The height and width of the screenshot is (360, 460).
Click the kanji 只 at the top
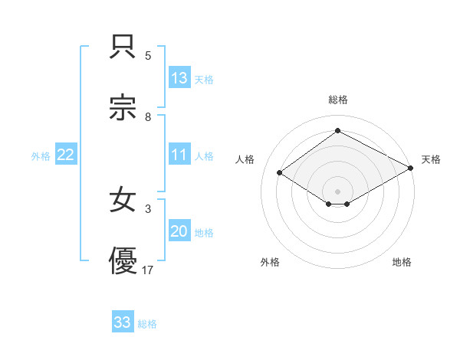pyautogui.click(x=123, y=47)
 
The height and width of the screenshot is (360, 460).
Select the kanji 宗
pyautogui.click(x=123, y=107)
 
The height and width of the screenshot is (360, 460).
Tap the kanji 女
pyautogui.click(x=123, y=201)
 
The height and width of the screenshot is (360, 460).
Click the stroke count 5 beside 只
pyautogui.click(x=148, y=56)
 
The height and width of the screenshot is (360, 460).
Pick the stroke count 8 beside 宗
pyautogui.click(x=148, y=117)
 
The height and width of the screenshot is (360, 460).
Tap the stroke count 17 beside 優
pyautogui.click(x=148, y=270)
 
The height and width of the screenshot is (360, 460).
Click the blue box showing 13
pyautogui.click(x=179, y=78)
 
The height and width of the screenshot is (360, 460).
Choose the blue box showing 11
pyautogui.click(x=179, y=155)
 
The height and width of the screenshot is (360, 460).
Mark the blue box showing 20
pyautogui.click(x=179, y=231)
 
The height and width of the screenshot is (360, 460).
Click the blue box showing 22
pyautogui.click(x=65, y=155)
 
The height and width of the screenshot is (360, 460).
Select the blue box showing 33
pyautogui.click(x=123, y=322)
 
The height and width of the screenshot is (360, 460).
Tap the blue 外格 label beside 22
pyautogui.click(x=41, y=156)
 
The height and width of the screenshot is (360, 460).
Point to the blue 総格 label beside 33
pyautogui.click(x=147, y=324)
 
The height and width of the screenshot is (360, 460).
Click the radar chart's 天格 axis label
pyautogui.click(x=431, y=159)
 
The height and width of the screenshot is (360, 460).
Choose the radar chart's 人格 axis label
pyautogui.click(x=245, y=159)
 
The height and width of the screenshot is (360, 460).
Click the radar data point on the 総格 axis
pyautogui.click(x=337, y=131)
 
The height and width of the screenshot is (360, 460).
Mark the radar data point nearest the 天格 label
pyautogui.click(x=411, y=168)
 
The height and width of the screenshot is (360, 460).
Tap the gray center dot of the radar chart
pyautogui.click(x=337, y=191)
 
